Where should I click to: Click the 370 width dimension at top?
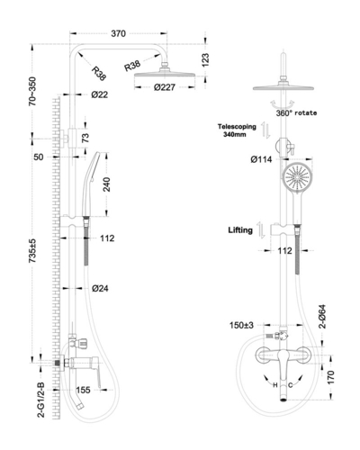(x=119, y=33)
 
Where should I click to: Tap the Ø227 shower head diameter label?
(x=165, y=87)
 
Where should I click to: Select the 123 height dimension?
(x=205, y=60)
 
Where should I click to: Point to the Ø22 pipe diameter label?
(x=100, y=94)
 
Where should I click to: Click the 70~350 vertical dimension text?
(x=32, y=91)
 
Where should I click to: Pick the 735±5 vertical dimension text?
(x=32, y=251)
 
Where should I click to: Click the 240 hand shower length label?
(x=106, y=184)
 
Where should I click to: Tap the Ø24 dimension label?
(x=100, y=289)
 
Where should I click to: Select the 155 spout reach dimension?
(x=83, y=390)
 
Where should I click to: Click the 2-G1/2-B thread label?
(x=40, y=400)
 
